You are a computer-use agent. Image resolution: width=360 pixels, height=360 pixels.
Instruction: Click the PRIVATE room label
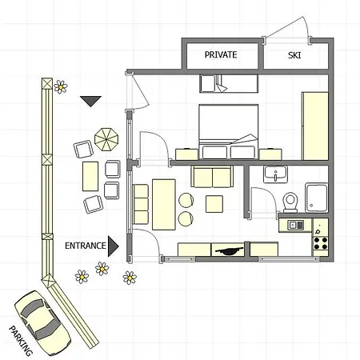coord(221,54)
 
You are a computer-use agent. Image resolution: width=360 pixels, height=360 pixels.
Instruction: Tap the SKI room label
coord(294,55)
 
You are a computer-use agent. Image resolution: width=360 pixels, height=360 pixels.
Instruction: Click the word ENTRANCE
coord(86,246)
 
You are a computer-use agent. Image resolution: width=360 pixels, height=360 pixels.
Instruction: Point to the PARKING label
coord(21,341)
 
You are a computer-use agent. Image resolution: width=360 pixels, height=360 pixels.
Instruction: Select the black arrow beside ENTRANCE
coord(113,246)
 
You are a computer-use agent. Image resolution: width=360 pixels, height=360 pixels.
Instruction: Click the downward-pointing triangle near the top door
coord(90,101)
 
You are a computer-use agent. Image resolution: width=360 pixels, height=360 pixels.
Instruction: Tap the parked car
coord(42,323)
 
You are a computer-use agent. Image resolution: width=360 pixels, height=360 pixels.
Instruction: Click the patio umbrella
coord(106,139)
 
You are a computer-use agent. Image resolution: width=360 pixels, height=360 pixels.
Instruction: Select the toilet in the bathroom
coord(290,202)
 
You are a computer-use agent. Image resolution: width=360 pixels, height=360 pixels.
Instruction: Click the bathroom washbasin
coord(275,174)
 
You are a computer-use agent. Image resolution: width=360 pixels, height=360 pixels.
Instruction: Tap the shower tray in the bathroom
coord(317,198)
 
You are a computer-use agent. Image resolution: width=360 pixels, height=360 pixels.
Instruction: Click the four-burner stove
coord(320,243)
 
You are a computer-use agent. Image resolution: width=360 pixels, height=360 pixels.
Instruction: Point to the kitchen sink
coord(295,226)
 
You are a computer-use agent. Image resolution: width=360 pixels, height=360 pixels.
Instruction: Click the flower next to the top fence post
coord(61,87)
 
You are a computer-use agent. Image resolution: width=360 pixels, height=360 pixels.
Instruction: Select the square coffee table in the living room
coord(214,204)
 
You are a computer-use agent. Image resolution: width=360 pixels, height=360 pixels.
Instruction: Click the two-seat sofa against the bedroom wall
coord(212,176)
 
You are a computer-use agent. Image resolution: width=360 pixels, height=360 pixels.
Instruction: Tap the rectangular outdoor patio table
coord(90,176)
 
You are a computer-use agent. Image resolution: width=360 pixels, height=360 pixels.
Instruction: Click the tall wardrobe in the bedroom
coord(315,126)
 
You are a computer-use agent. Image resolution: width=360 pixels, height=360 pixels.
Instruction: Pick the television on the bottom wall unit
coord(229,250)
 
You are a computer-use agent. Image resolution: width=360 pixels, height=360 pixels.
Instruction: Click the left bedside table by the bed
coord(186,154)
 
